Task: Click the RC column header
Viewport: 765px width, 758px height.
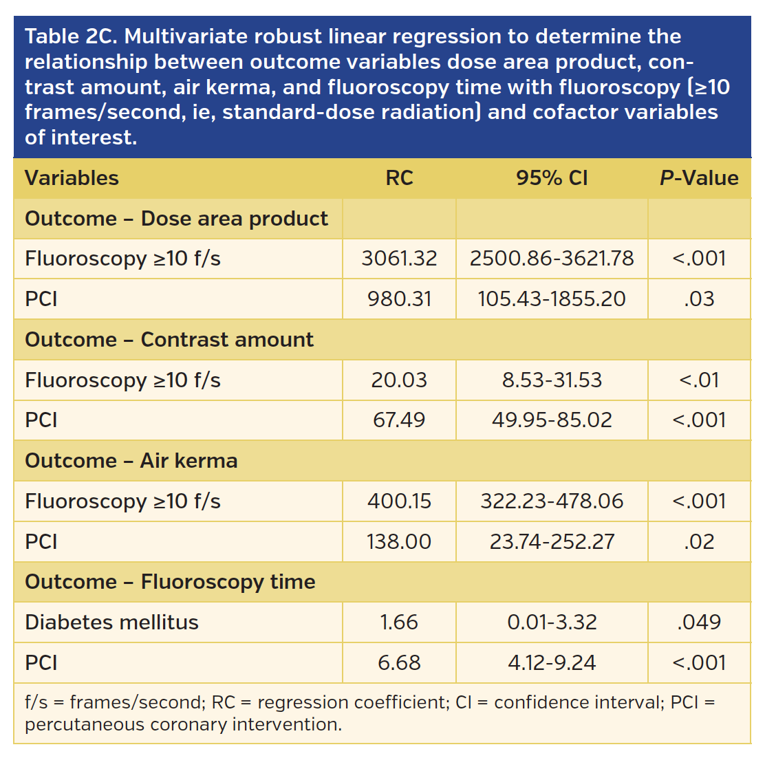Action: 399,178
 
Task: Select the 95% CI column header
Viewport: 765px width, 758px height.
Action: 552,178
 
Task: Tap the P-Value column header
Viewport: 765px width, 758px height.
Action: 699,178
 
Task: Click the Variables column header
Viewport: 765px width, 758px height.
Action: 72,178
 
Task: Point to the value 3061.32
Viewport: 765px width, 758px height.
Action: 399,259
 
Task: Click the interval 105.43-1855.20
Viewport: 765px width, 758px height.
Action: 552,299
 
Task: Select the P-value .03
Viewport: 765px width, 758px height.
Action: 699,299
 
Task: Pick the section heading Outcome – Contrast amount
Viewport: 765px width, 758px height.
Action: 169,340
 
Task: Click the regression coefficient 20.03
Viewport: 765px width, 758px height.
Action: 399,380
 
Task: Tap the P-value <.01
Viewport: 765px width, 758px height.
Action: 699,380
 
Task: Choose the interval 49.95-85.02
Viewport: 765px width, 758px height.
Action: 552,420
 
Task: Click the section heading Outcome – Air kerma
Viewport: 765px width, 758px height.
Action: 131,461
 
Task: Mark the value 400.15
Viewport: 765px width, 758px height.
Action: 399,501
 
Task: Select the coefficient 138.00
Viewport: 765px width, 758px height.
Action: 399,542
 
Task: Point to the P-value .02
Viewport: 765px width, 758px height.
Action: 699,542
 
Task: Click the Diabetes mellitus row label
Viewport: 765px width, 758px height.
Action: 111,622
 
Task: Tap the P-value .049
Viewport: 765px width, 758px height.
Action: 699,622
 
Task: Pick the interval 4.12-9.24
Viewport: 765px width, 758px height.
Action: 552,663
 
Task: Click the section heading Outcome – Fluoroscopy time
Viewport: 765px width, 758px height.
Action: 170,582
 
